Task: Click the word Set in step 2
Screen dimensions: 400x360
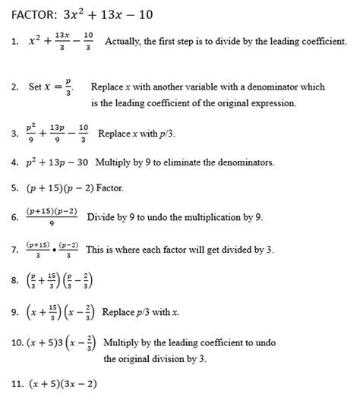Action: click(x=35, y=87)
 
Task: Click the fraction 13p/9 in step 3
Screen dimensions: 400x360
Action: click(x=56, y=132)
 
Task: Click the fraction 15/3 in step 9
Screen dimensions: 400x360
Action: click(x=55, y=311)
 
